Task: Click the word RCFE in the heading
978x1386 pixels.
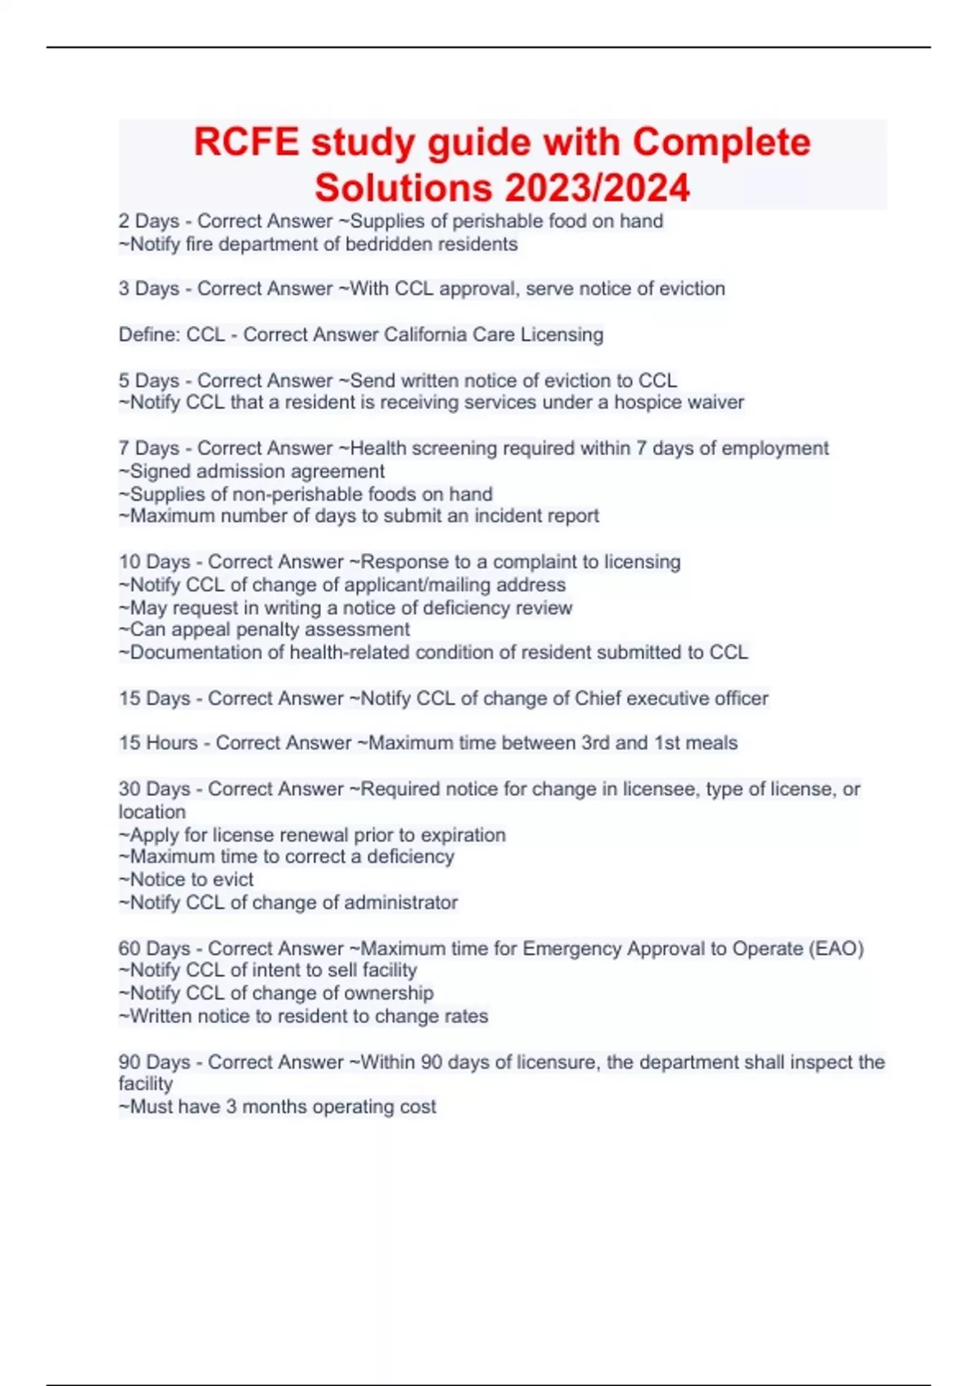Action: click(x=246, y=142)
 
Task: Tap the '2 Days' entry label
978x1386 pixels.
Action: click(x=148, y=221)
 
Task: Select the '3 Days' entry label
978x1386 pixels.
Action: click(x=148, y=289)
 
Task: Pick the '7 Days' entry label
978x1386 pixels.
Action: click(x=148, y=448)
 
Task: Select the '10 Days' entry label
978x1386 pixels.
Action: click(x=154, y=562)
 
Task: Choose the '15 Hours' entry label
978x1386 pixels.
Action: click(x=158, y=743)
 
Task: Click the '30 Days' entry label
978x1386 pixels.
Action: click(x=154, y=789)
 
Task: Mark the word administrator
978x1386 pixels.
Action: click(x=400, y=903)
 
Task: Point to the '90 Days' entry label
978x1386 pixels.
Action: click(x=154, y=1062)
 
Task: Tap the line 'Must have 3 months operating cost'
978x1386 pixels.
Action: click(x=282, y=1107)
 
